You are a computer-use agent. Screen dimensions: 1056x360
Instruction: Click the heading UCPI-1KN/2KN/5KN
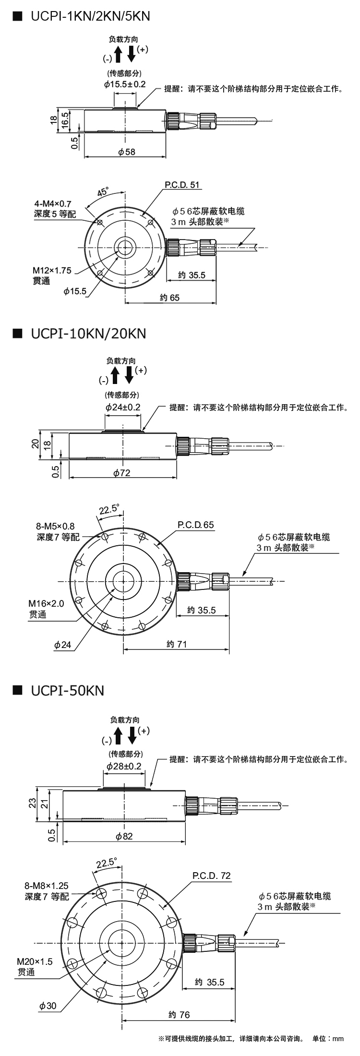[90, 16]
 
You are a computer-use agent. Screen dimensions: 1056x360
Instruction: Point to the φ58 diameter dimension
[126, 152]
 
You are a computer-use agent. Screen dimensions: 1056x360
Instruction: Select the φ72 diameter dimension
[122, 473]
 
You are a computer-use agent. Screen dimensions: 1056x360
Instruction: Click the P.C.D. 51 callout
[181, 185]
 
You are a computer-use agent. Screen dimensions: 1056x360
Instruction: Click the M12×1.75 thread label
[52, 271]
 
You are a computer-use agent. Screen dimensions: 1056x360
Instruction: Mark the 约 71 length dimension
[176, 644]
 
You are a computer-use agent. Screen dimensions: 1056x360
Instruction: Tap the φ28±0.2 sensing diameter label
[124, 766]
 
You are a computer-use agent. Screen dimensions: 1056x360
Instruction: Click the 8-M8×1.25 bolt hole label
[46, 886]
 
